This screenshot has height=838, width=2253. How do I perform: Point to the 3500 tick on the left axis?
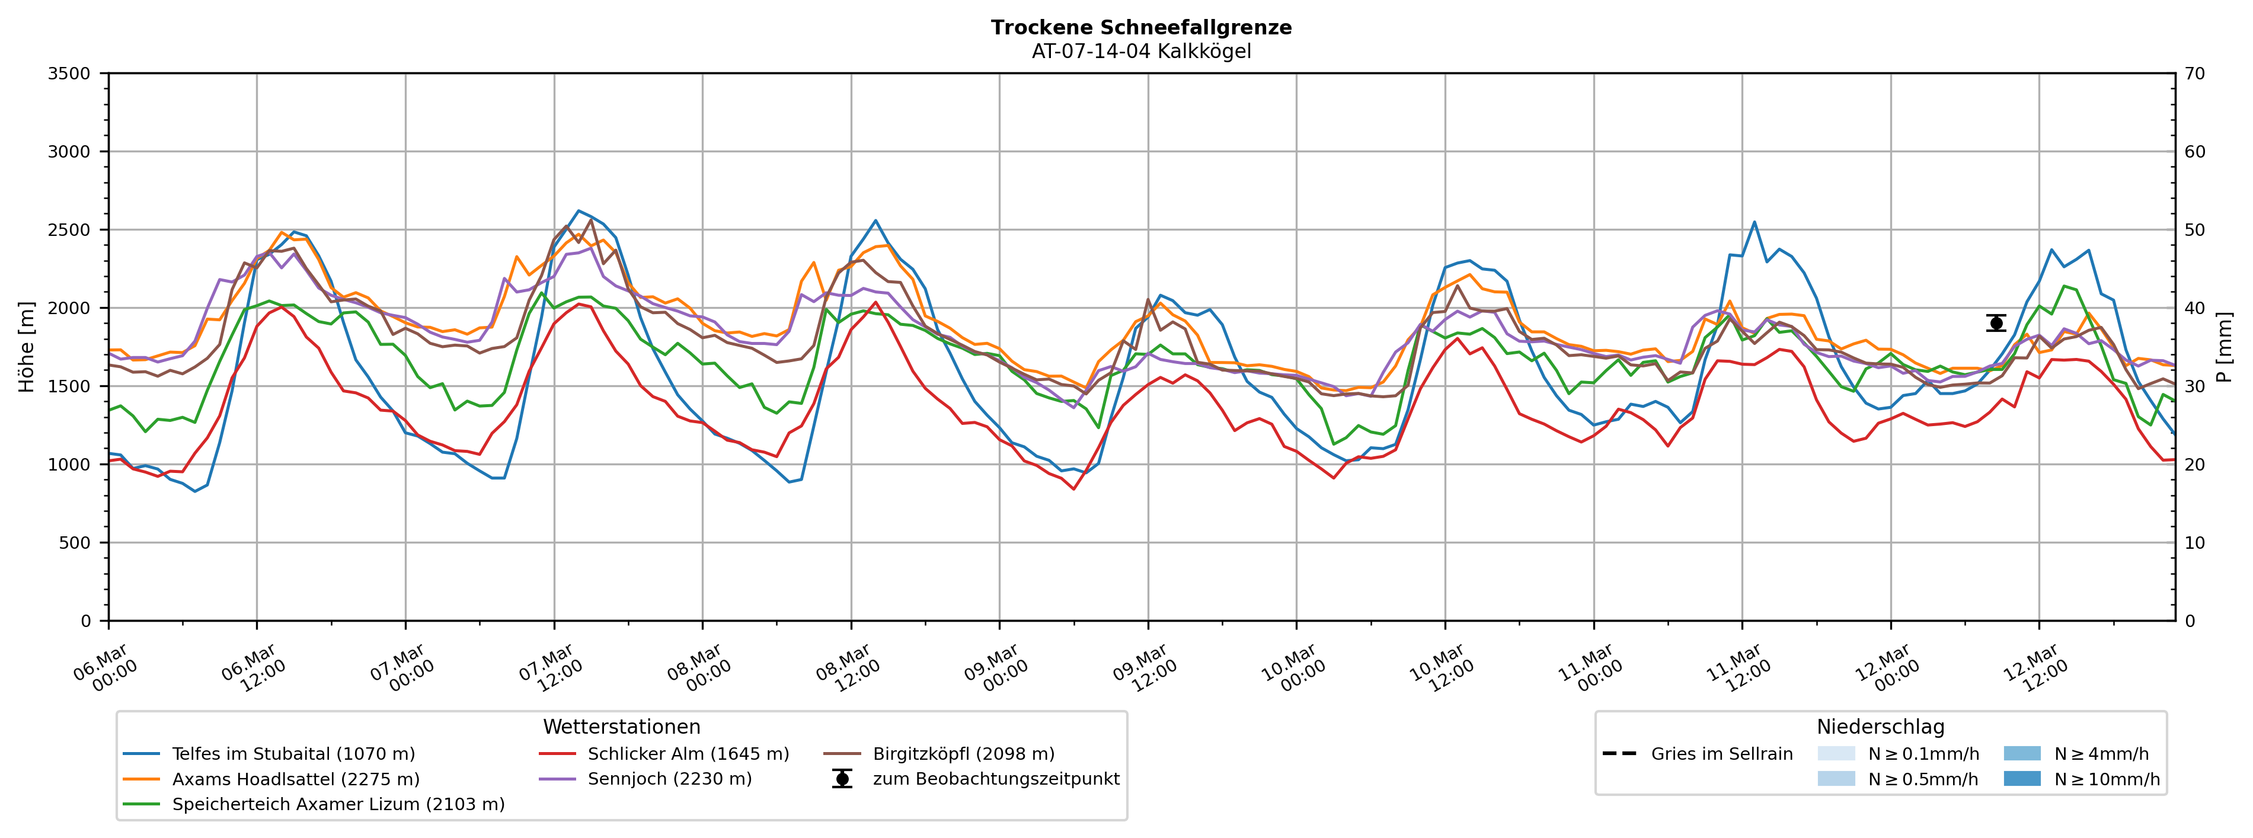pyautogui.click(x=69, y=73)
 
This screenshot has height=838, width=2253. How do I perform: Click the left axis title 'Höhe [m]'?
pyautogui.click(x=26, y=347)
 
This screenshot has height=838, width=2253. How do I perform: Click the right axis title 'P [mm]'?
pyautogui.click(x=2223, y=347)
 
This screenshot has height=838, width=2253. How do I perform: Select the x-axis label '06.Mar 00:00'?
pyautogui.click(x=105, y=669)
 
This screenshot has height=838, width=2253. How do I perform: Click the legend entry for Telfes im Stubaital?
pyautogui.click(x=293, y=754)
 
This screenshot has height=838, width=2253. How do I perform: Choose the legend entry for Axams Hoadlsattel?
pyautogui.click(x=296, y=779)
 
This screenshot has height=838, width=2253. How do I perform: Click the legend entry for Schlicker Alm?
pyautogui.click(x=688, y=754)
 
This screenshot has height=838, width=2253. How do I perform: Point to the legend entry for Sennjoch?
pyautogui.click(x=669, y=779)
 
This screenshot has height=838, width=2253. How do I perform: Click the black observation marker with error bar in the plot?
pyautogui.click(x=1996, y=324)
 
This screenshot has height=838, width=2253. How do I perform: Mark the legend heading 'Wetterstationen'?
pyautogui.click(x=621, y=727)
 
